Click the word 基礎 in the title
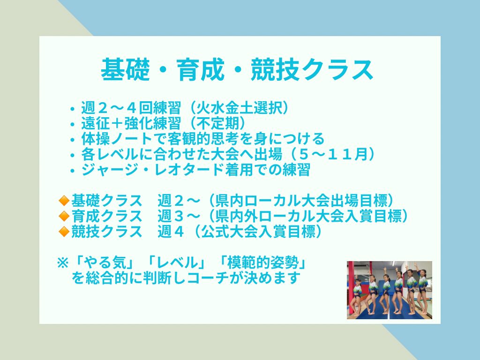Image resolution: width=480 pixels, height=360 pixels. (125, 69)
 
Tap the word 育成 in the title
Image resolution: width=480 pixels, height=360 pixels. (201, 69)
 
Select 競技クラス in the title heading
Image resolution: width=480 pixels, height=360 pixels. (312, 69)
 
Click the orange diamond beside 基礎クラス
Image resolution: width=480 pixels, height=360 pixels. (64, 201)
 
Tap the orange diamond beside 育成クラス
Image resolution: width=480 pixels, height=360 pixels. (64, 216)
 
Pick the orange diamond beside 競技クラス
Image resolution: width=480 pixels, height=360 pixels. (64, 232)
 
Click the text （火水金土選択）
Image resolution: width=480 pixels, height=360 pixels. (238, 108)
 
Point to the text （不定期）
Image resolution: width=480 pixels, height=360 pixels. (216, 123)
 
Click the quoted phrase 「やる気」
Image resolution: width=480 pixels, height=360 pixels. (104, 263)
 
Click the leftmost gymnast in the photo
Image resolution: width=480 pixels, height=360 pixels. (357, 294)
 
